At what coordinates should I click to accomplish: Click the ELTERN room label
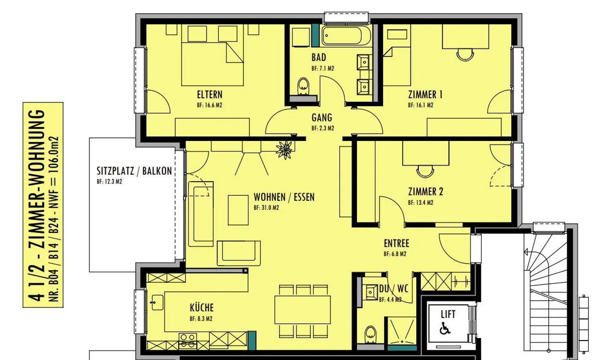tap(209, 95)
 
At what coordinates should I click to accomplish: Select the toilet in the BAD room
tap(303, 85)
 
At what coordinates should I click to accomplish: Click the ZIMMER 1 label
tap(425, 95)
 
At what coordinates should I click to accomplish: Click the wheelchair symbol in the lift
tap(445, 329)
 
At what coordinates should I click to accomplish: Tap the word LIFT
tap(448, 314)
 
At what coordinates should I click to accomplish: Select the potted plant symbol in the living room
tap(285, 149)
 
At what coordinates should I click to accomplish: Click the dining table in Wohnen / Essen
tap(303, 309)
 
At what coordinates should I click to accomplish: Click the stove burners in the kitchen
tap(188, 341)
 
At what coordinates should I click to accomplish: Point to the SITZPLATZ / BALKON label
tap(134, 171)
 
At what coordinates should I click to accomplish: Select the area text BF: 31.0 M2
tap(266, 208)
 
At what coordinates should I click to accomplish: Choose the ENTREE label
tap(396, 243)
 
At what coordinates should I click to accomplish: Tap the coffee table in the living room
tap(238, 210)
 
